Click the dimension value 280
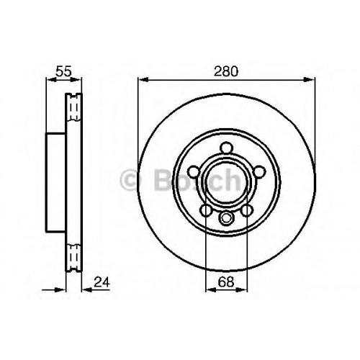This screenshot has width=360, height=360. pos(226,71)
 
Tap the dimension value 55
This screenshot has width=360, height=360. pos(63,71)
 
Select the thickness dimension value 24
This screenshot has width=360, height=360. pos(102,282)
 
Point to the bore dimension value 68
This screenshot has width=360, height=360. pos(226,282)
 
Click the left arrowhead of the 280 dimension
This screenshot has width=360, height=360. pos(143,80)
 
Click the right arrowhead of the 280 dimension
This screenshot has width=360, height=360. pos(310,80)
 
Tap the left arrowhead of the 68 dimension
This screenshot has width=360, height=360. pos(210,289)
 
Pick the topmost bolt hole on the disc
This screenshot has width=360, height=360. pos(227,148)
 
